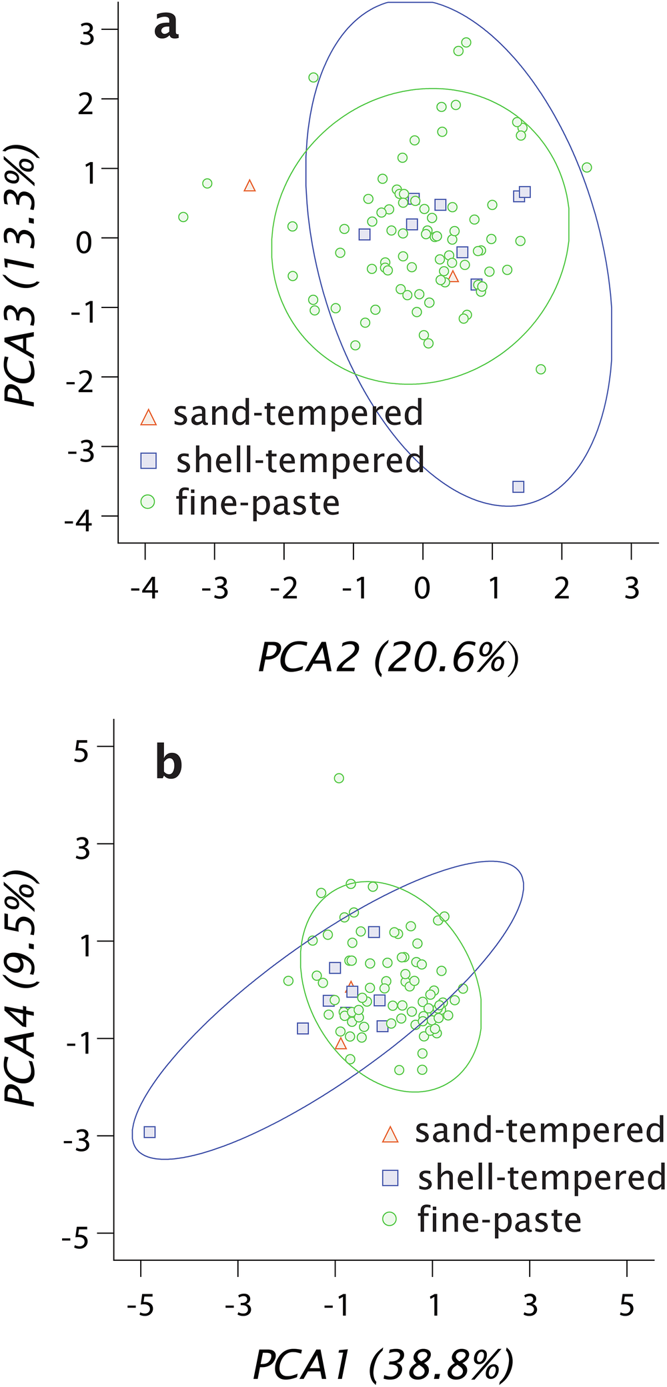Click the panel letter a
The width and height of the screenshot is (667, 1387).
[x=166, y=27]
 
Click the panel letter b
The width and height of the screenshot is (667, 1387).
[x=168, y=763]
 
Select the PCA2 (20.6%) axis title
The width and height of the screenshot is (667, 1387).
[x=388, y=659]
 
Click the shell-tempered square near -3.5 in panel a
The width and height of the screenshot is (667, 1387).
[x=518, y=487]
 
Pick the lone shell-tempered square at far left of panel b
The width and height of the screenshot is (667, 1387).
[x=149, y=1132]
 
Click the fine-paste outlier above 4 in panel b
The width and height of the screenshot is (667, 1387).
[x=339, y=778]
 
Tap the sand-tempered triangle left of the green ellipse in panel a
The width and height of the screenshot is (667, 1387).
[x=249, y=186]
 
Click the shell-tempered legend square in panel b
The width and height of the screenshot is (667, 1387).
[x=390, y=1178]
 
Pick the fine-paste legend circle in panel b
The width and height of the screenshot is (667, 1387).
[x=390, y=1219]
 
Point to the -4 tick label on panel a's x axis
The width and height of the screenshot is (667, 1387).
[x=145, y=589]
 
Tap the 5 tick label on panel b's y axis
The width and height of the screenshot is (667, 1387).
[x=81, y=752]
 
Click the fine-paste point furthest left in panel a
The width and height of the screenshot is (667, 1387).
[x=183, y=217]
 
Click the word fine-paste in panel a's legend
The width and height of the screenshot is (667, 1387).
[x=258, y=502]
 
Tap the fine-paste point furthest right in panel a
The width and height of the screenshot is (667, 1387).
[x=586, y=167]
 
